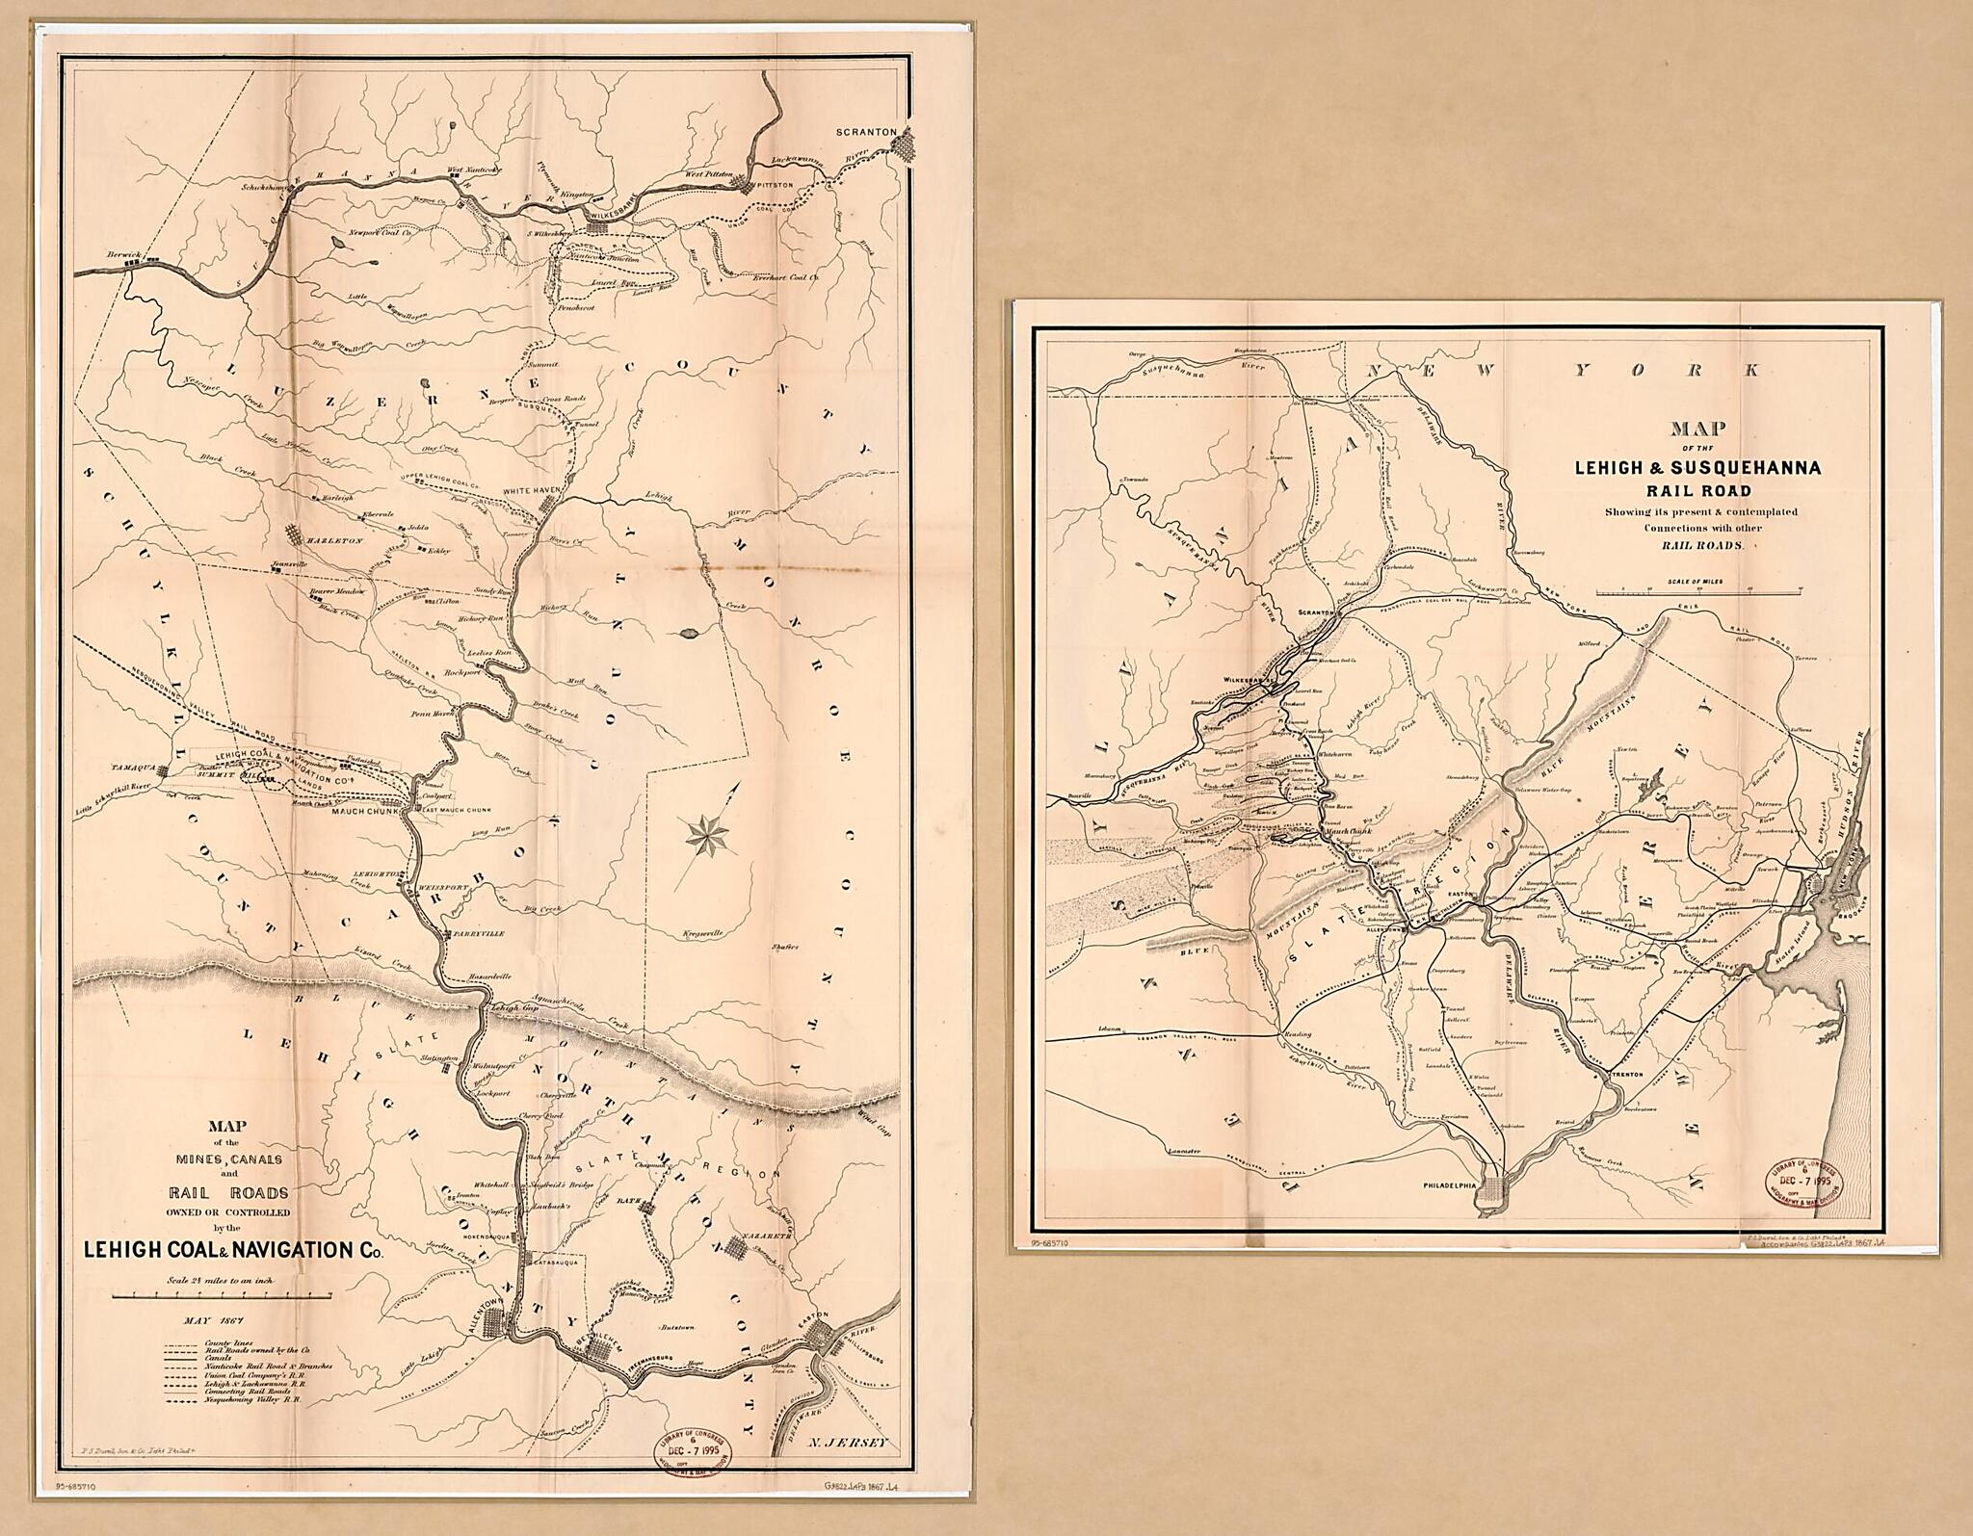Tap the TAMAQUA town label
coord(131,770)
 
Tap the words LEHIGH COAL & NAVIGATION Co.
coord(233,1251)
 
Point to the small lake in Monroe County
coord(687,634)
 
